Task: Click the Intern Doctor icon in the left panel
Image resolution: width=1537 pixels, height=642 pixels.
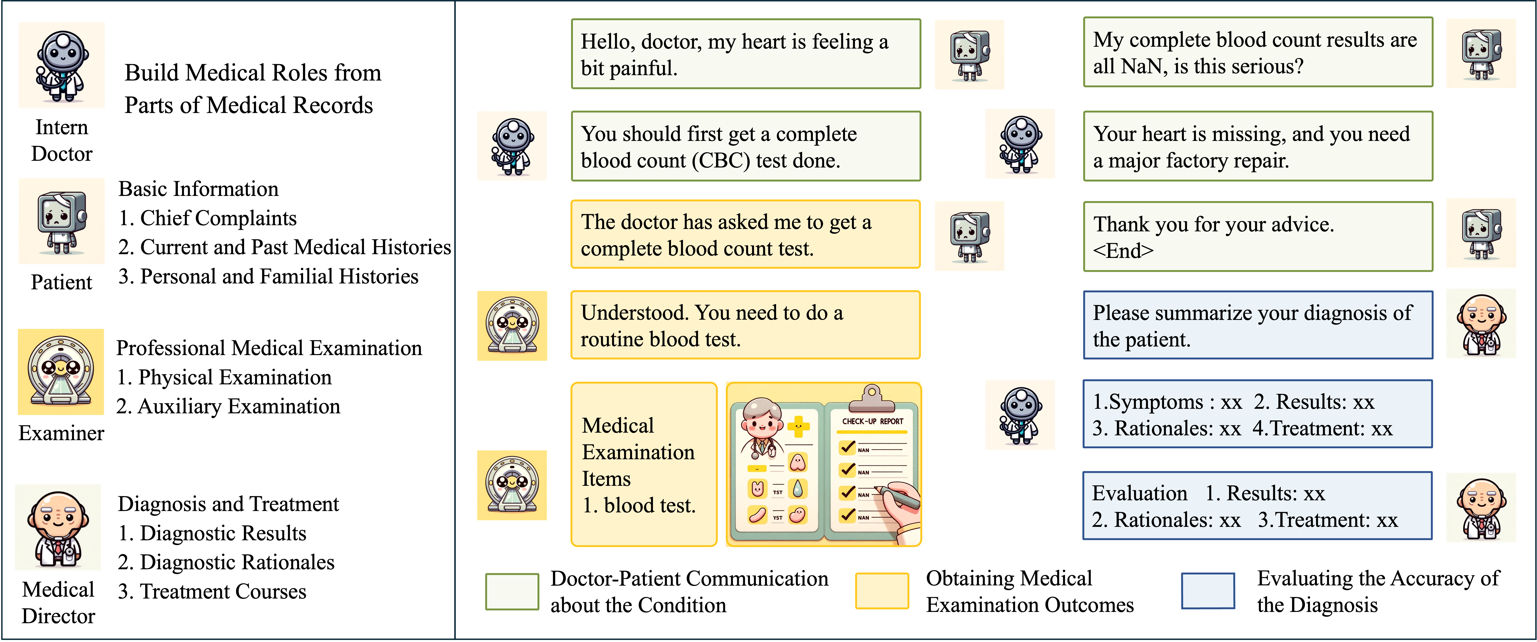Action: (61, 66)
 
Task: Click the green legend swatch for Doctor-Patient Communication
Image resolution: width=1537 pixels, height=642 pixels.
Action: (512, 591)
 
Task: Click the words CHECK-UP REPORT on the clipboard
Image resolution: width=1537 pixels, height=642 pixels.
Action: (872, 421)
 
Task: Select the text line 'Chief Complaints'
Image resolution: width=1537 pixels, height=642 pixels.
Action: (218, 218)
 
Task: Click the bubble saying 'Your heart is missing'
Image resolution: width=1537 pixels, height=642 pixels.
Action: (1258, 147)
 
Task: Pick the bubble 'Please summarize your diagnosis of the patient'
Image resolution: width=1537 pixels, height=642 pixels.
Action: (1258, 326)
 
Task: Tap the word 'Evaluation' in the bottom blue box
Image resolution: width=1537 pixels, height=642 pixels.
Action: (1140, 493)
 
